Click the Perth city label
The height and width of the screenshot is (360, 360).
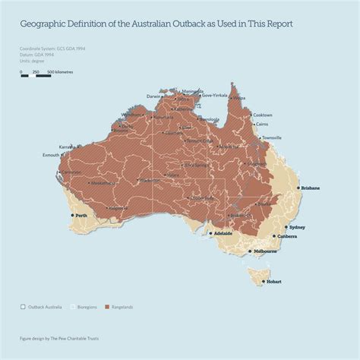pos(81,216)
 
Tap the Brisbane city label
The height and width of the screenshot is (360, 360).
pos(310,188)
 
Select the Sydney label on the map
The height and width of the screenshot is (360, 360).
pos(297,227)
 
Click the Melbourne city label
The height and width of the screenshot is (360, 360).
pos(265,251)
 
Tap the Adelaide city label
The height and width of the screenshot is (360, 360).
pos(223,233)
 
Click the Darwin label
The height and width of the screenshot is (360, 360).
pos(153,96)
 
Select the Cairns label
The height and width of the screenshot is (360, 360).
pos(262,124)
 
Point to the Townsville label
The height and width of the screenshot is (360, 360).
pos(271,137)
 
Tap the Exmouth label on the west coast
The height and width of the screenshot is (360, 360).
pos(52,155)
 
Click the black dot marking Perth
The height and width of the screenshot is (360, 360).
pos(72,216)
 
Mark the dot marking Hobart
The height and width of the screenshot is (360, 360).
pos(263,281)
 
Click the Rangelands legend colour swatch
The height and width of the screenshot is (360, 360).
pos(107,307)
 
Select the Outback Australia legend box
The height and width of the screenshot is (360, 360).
pos(24,307)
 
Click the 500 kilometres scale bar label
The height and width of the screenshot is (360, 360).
pos(60,72)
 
